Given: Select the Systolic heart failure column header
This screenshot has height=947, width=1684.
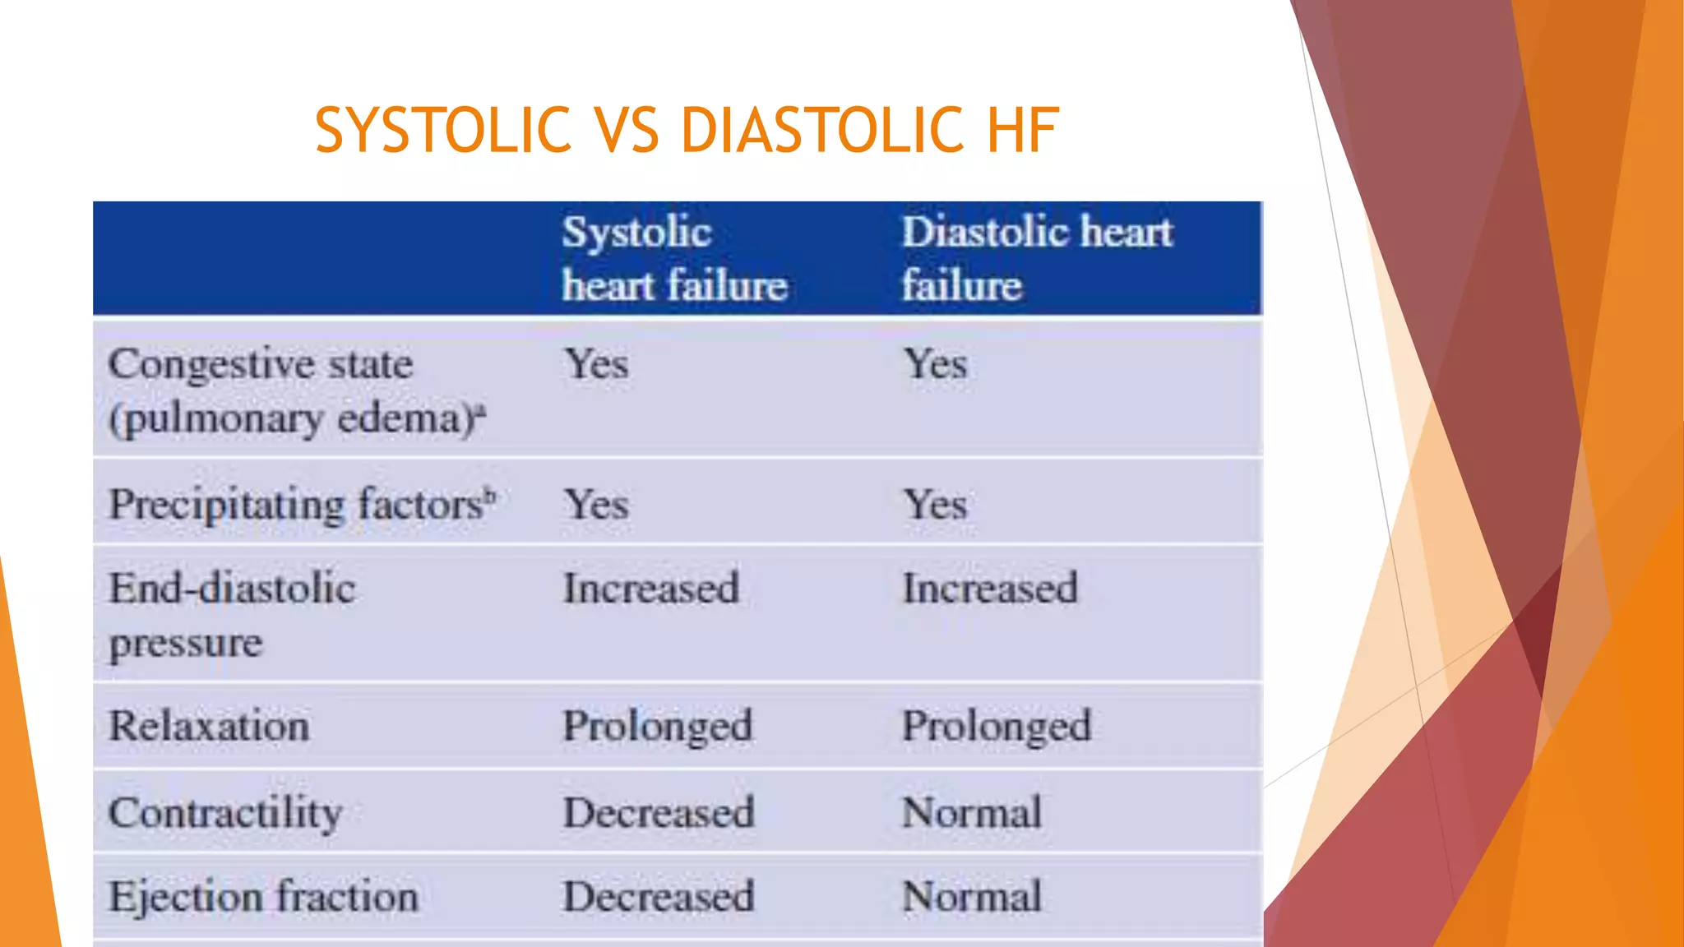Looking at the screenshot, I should [674, 259].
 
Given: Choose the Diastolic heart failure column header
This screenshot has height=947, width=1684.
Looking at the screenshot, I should [1037, 259].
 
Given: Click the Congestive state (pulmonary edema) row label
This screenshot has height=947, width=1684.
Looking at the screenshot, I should [296, 391].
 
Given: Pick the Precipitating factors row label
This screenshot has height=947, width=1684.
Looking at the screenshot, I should [297, 504].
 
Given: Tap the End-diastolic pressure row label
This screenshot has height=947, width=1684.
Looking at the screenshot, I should [232, 615].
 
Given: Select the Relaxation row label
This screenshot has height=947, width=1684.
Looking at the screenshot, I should [210, 726].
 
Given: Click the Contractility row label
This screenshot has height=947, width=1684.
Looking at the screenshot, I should [225, 813].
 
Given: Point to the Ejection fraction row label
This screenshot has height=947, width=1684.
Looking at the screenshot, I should [264, 896].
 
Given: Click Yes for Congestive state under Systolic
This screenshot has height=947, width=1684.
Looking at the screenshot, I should [596, 364].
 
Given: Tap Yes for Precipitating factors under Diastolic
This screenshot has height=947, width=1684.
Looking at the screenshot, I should [935, 504].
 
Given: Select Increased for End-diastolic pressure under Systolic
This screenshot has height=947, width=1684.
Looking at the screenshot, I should [651, 589].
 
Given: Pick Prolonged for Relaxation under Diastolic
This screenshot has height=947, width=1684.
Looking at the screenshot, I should [997, 726].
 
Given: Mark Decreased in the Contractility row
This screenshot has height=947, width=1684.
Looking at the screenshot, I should [659, 813].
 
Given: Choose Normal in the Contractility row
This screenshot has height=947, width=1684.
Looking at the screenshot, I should [972, 813].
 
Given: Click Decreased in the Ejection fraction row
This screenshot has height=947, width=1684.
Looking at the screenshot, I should [659, 896].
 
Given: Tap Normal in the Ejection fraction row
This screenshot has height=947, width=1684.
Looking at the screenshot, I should [972, 896].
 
